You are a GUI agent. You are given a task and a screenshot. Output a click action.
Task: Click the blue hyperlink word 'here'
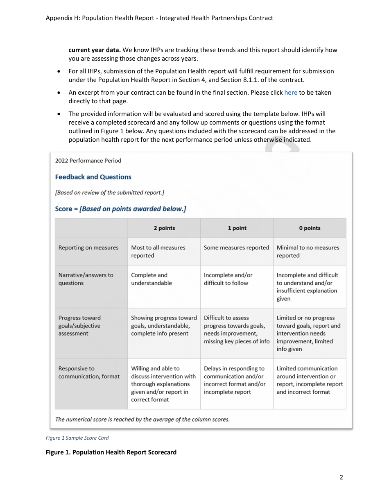(x=291, y=93)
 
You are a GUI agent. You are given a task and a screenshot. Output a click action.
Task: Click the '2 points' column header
(x=164, y=228)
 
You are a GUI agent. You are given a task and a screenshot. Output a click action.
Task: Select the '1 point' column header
(x=237, y=228)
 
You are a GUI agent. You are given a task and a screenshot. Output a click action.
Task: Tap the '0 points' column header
(x=310, y=228)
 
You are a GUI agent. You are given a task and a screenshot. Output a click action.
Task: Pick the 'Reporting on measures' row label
(x=88, y=247)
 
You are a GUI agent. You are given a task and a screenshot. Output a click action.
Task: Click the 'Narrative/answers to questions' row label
(x=86, y=279)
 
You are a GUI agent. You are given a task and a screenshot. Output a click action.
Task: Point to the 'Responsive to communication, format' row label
(x=89, y=372)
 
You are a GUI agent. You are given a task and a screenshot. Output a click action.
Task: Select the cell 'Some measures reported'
(x=237, y=247)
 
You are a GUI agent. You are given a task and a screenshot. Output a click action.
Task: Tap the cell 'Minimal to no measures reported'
(x=308, y=251)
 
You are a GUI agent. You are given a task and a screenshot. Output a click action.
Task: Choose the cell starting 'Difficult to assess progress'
(x=237, y=329)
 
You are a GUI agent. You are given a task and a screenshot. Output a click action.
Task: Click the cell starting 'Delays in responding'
(x=235, y=380)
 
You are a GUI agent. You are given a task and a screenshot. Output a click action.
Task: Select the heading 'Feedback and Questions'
(x=93, y=177)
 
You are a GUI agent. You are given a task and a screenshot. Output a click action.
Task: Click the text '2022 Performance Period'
(x=88, y=161)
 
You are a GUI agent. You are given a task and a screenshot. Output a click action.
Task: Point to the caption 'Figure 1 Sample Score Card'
(x=77, y=438)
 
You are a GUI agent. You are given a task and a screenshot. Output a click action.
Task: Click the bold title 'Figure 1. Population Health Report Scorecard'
(x=111, y=452)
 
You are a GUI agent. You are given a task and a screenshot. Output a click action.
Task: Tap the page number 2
(x=341, y=477)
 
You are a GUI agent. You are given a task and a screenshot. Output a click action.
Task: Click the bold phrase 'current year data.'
(x=95, y=50)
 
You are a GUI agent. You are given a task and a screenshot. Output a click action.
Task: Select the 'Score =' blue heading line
(x=121, y=209)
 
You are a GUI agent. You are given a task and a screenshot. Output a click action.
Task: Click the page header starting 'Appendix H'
(x=159, y=18)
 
